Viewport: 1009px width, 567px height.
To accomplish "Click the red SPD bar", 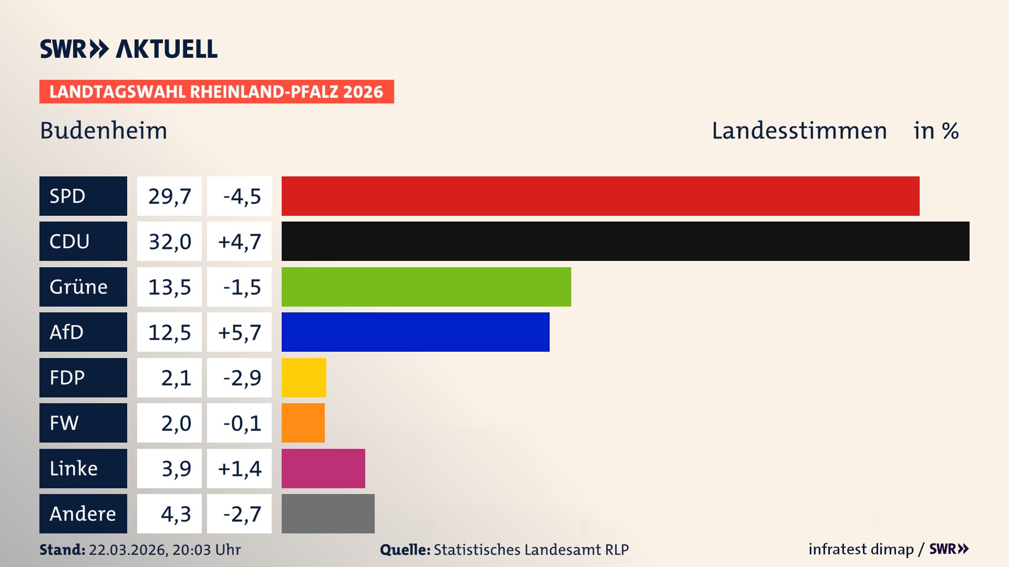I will click(600, 196).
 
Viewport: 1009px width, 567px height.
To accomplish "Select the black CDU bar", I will click(625, 241).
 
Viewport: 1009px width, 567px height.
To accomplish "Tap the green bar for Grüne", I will click(426, 287).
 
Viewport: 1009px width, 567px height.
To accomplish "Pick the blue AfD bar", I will click(415, 332).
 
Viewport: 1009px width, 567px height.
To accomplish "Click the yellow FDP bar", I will click(304, 377).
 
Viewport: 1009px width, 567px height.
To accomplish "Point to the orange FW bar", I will click(303, 423).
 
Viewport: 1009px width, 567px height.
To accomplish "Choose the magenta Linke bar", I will click(323, 468).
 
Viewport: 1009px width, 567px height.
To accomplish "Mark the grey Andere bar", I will click(328, 513).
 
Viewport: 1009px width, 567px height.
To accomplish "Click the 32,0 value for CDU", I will click(169, 241).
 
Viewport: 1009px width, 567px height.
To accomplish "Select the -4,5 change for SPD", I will click(240, 196).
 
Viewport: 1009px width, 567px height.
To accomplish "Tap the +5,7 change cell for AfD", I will click(240, 332).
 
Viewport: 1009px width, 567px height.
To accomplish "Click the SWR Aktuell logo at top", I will click(129, 49).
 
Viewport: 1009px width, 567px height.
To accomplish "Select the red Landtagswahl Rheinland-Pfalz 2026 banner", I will click(217, 92).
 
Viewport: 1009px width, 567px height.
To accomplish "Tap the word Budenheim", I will click(104, 131).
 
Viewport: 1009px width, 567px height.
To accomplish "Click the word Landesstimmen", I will click(799, 131).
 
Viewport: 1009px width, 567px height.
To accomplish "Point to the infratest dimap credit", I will click(860, 549).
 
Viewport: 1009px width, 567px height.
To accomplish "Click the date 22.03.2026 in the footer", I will click(128, 550).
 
